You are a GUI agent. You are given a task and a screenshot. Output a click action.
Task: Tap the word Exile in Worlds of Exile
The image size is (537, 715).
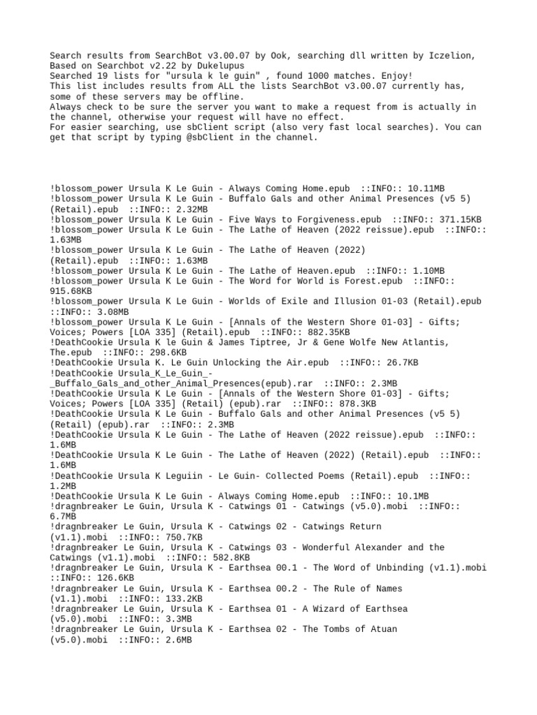(284, 301)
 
